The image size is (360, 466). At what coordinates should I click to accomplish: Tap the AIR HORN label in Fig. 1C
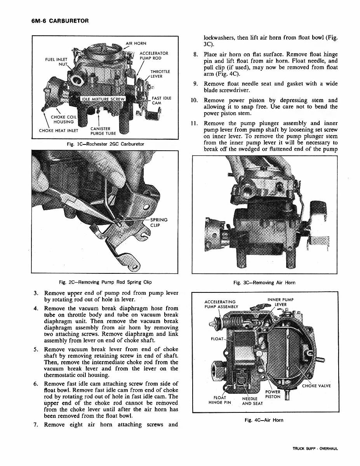[136, 43]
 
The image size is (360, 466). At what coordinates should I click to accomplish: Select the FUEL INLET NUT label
[57, 62]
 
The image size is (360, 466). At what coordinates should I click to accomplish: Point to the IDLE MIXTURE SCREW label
[103, 99]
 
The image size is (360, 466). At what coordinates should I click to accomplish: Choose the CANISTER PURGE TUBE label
[100, 131]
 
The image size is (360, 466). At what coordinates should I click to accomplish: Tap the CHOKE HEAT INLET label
[59, 130]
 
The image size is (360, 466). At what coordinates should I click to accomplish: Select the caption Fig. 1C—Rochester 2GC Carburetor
[105, 144]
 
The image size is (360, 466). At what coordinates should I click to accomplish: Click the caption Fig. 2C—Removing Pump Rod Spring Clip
[105, 282]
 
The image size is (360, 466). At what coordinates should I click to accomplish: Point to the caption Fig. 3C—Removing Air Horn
[264, 283]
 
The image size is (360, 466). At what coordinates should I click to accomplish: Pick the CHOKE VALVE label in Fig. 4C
[316, 386]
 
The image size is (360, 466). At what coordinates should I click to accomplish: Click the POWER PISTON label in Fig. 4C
[273, 395]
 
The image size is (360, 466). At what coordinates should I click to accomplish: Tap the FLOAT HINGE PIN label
[220, 400]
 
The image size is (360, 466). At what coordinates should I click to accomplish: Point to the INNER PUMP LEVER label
[280, 302]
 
